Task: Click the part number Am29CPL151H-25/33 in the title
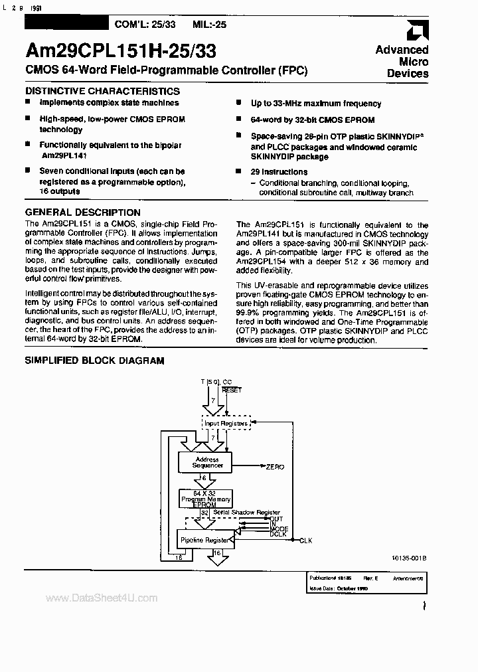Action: [120, 51]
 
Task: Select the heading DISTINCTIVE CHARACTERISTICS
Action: [102, 91]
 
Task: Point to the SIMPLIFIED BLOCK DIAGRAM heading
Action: [94, 361]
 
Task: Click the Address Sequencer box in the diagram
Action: [206, 462]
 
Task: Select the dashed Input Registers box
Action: [225, 423]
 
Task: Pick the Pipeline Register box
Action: [204, 540]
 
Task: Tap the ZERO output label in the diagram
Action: [275, 467]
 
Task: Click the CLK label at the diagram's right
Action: [305, 541]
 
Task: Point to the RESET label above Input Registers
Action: [232, 390]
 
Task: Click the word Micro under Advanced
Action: [414, 62]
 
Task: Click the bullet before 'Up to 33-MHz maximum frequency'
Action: [238, 104]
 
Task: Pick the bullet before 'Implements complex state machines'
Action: [29, 103]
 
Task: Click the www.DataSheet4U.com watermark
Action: [102, 598]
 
